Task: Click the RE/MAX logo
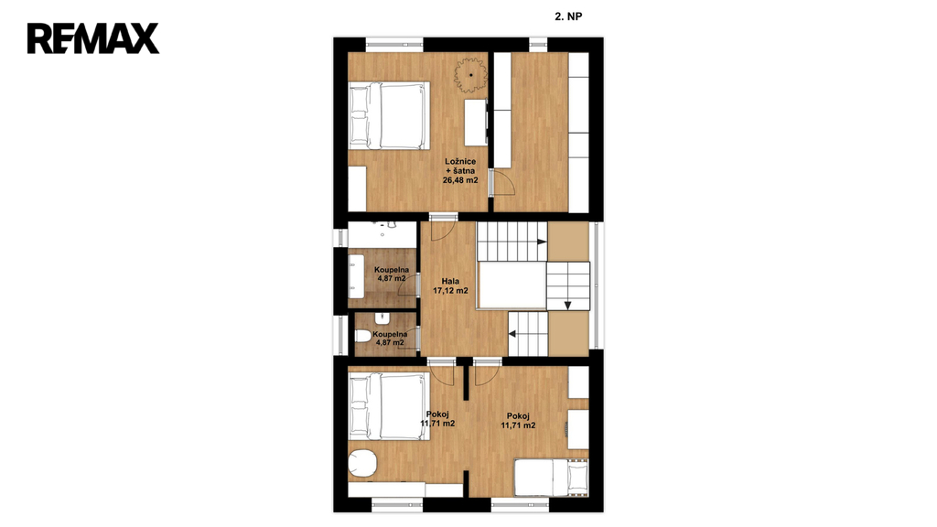click(x=93, y=38)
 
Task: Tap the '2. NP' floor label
click(x=568, y=16)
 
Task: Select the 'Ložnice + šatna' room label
click(x=460, y=171)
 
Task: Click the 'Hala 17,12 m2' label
click(x=450, y=286)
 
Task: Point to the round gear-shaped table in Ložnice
click(x=471, y=75)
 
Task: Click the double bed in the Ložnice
click(x=389, y=115)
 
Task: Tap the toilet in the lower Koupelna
click(x=363, y=336)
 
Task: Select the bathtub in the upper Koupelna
click(x=357, y=276)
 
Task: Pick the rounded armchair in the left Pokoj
click(x=361, y=463)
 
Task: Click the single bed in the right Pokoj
click(x=551, y=478)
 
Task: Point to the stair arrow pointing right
click(x=542, y=242)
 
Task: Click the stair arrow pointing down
click(x=567, y=306)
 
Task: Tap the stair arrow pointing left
click(x=512, y=334)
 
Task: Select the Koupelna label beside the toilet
click(x=390, y=339)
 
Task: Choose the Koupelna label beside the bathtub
click(x=392, y=274)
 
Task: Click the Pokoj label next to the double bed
click(x=437, y=419)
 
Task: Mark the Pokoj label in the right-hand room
click(x=518, y=421)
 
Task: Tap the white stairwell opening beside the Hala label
click(x=512, y=285)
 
